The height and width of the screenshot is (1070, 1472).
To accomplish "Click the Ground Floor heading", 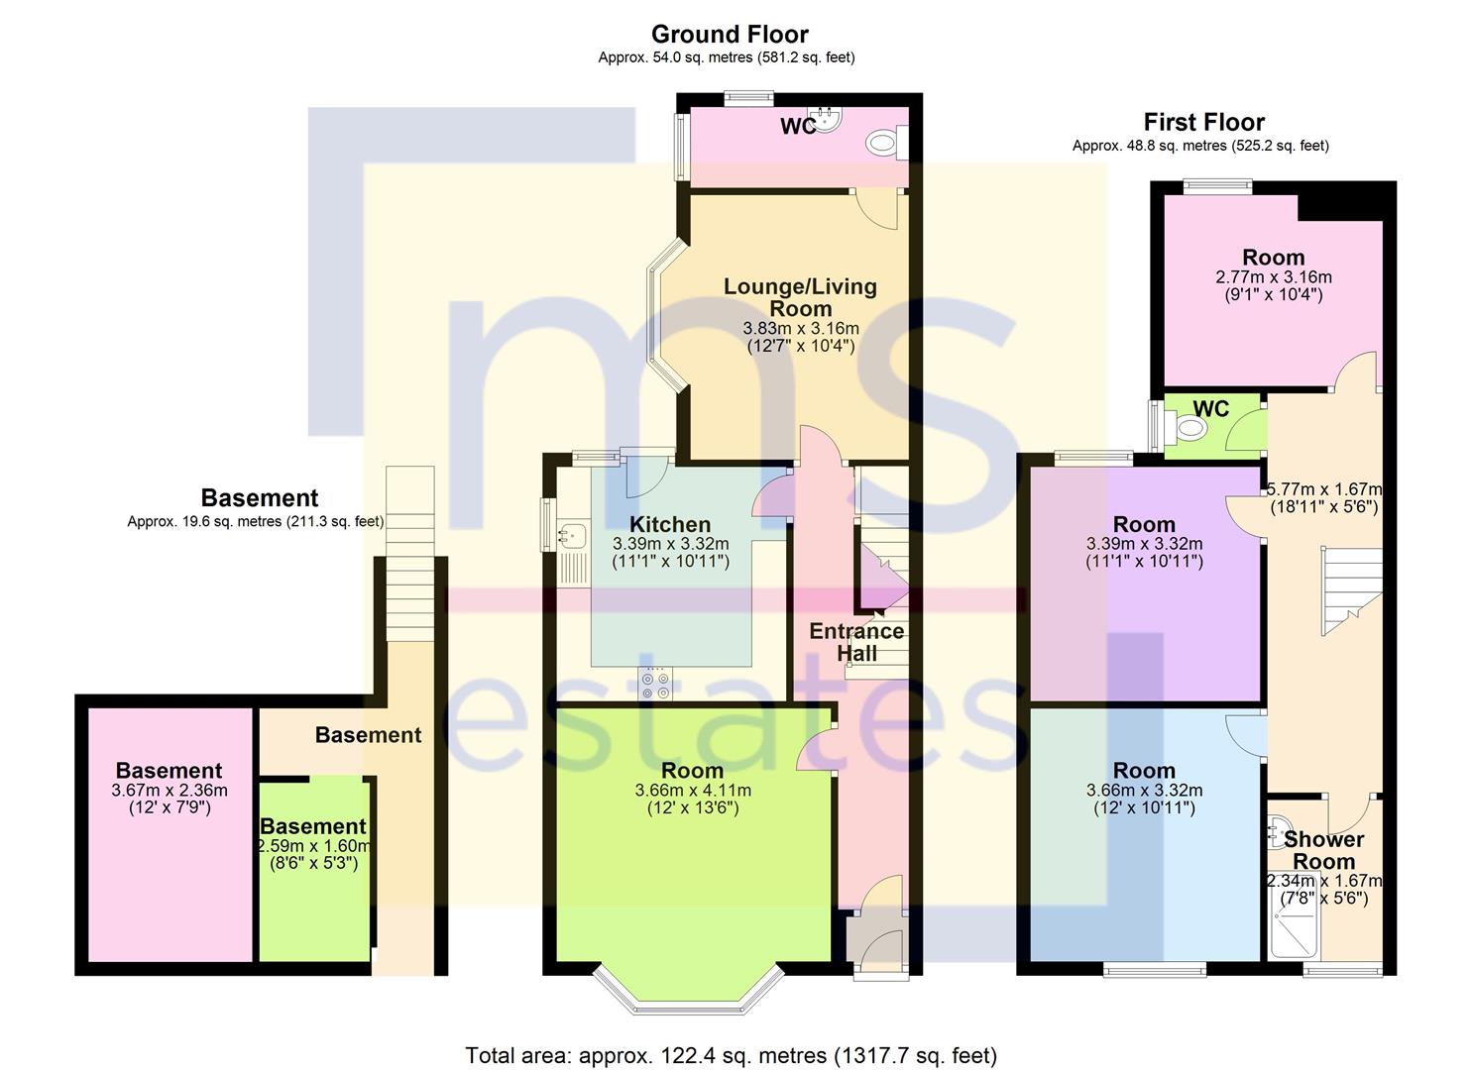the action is (730, 34).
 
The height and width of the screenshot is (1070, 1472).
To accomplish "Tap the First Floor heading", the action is (1204, 122).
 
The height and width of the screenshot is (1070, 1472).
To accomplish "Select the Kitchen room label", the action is (670, 524).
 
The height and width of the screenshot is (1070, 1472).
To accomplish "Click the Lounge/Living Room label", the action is (800, 297).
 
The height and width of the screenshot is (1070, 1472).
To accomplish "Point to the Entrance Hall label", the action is (856, 642).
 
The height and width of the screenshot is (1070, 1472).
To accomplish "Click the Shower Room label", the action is (1324, 850).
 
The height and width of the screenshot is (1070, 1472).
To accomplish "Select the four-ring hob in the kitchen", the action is (656, 684).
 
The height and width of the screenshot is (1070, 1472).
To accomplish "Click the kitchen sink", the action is (571, 536).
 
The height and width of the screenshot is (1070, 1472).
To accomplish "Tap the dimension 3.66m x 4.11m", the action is (693, 791).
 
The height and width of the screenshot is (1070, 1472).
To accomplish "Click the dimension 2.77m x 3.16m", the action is (1274, 276).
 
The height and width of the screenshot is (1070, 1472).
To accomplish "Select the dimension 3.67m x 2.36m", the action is (170, 791).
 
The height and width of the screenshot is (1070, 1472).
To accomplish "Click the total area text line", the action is (731, 1055).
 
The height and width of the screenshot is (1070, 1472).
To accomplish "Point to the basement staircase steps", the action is (410, 553).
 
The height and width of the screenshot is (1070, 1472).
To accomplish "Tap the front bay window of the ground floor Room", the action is (689, 992).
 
